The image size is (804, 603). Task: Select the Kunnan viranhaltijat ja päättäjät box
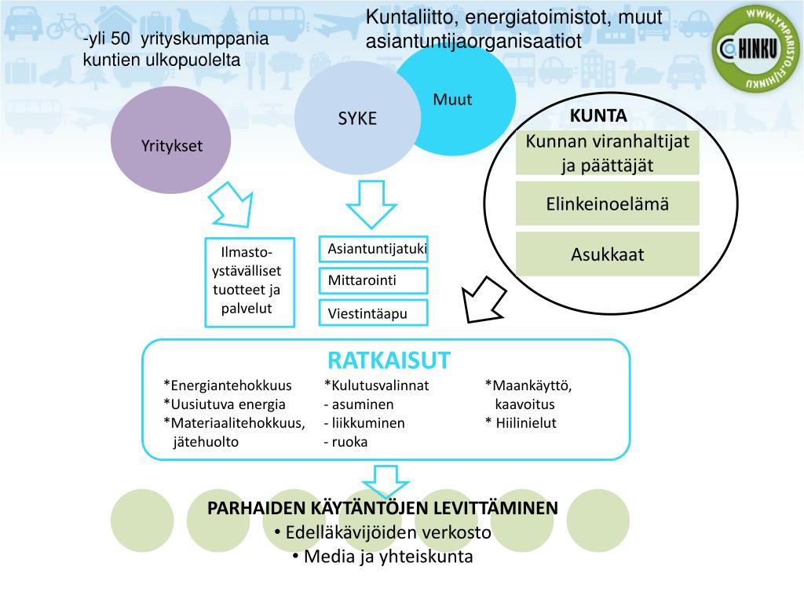[607, 153]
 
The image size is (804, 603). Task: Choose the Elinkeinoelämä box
[607, 204]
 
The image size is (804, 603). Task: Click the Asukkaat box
[607, 254]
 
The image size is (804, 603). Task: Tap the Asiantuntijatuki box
[374, 250]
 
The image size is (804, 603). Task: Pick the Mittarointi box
[374, 281]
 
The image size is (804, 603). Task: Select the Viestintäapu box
[374, 313]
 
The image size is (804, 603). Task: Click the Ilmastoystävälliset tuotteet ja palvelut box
[250, 282]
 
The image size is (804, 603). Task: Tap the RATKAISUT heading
[389, 360]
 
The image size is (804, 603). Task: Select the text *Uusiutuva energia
[225, 404]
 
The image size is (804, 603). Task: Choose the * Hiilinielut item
[521, 423]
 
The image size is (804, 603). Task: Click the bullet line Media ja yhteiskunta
[382, 557]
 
